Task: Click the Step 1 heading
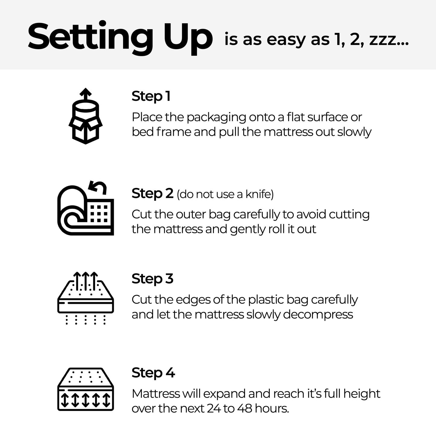151,97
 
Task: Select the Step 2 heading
152,194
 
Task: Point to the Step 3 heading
152,279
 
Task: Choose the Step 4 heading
153,373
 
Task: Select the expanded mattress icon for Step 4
85,389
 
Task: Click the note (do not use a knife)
225,195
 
